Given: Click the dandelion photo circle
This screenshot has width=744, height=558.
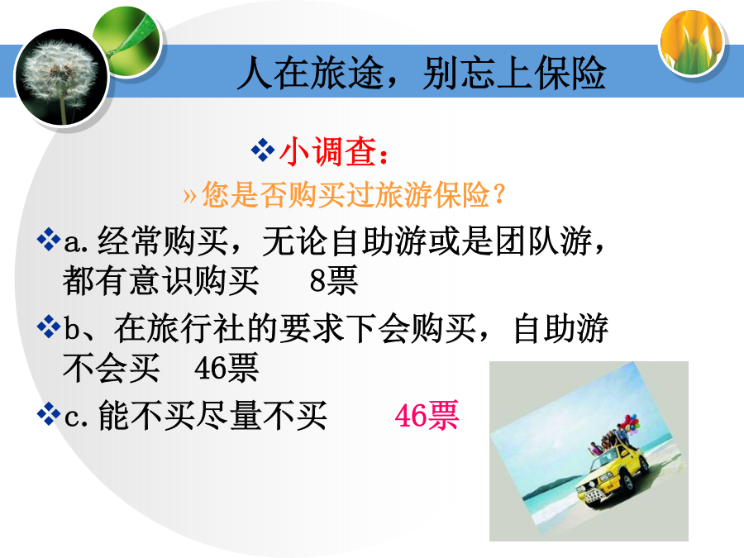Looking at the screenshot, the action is [x=62, y=78].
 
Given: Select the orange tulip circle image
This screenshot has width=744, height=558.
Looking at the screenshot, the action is [x=692, y=43].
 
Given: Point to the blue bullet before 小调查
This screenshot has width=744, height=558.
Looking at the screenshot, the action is [x=263, y=150].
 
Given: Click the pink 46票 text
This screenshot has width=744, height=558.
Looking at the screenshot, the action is [x=427, y=415].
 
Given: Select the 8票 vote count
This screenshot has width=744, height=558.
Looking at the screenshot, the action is [x=333, y=280].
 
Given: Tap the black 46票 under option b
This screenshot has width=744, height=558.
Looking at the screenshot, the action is [x=227, y=368].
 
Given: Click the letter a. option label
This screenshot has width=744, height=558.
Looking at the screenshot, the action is [x=76, y=243].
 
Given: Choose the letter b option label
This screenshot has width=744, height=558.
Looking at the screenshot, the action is [x=73, y=327].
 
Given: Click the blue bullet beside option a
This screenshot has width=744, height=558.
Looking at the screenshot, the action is [x=49, y=240].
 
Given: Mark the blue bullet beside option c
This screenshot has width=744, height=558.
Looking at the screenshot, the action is [x=49, y=414].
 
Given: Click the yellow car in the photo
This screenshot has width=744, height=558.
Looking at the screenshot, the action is [x=611, y=475].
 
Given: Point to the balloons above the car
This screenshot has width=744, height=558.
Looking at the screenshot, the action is [x=629, y=423].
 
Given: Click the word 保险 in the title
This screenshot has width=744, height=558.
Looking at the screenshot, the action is [x=570, y=73].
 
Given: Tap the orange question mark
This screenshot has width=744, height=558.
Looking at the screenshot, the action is [x=498, y=194].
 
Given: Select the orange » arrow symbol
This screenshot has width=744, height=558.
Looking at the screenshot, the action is [x=189, y=195].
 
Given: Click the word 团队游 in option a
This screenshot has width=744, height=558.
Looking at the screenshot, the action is [x=544, y=241].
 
